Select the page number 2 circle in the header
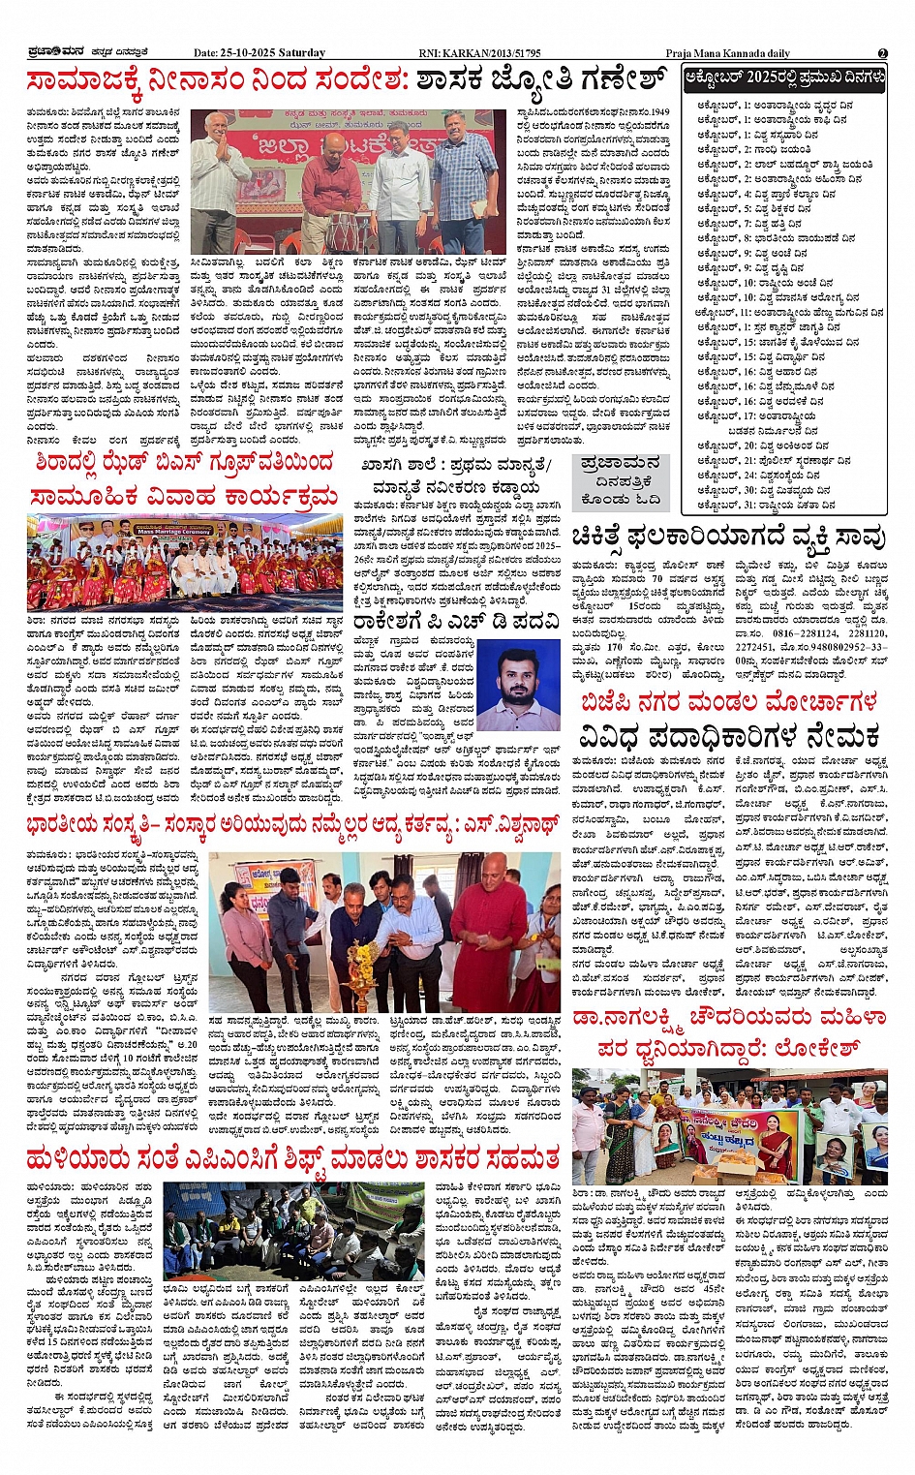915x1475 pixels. click(x=882, y=53)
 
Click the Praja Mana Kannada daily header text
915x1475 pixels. click(x=727, y=53)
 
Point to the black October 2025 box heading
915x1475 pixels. click(x=784, y=77)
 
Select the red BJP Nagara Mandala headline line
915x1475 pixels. click(x=728, y=701)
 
